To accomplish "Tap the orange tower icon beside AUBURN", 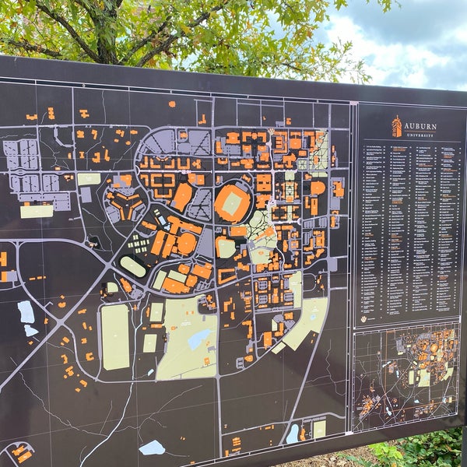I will click(397, 126).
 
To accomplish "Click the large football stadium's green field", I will click(233, 203).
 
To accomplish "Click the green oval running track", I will click(133, 267).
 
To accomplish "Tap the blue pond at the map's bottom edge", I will click(152, 447).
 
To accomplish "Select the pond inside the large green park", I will click(198, 339).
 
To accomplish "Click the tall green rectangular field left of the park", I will click(115, 336).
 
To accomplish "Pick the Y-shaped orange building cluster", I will click(125, 204).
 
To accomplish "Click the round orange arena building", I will click(187, 244).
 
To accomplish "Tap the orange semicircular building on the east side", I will click(318, 188).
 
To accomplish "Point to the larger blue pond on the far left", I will click(26, 311).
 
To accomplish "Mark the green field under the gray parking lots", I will click(36, 210).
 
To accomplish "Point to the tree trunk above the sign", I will click(105, 31).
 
